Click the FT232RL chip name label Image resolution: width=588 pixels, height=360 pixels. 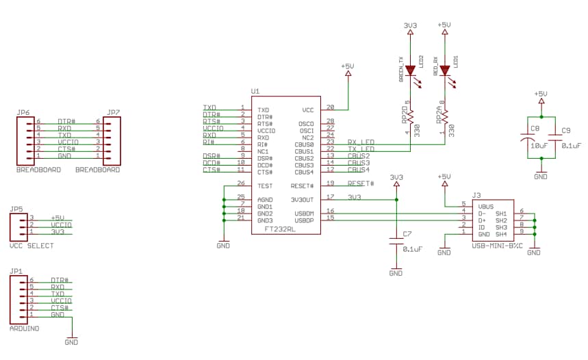(280, 230)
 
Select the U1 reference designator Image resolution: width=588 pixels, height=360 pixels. (255, 91)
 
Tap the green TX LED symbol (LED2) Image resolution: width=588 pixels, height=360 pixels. (410, 70)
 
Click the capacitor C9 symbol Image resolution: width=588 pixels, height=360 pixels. (555, 140)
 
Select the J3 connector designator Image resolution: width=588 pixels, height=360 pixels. (476, 195)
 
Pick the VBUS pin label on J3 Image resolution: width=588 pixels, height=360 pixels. (485, 205)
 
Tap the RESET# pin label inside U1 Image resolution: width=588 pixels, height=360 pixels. (303, 185)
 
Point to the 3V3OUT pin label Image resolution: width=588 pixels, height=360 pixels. (302, 199)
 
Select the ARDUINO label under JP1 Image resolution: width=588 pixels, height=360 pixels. (25, 328)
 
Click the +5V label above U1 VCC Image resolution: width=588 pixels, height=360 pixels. (347, 66)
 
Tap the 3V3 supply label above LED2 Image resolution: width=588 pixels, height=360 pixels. (410, 25)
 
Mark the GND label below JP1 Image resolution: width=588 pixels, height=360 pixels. (71, 342)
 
